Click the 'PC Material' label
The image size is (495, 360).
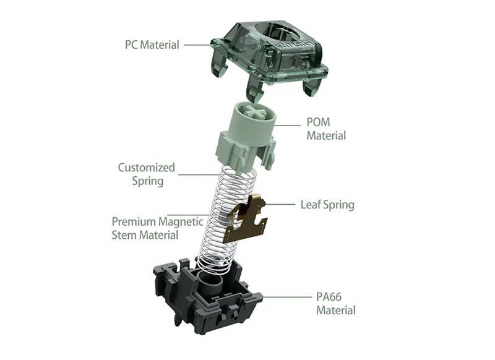152,45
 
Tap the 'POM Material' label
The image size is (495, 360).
326,129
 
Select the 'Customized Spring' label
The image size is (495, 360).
147,174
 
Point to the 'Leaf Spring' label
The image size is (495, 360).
327,205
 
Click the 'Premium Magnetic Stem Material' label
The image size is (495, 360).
158,228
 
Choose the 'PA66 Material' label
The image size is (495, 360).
336,303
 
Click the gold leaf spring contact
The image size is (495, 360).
244,218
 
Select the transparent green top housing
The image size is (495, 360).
269,60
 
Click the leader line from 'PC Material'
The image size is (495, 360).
197,45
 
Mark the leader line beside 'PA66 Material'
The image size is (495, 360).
286,297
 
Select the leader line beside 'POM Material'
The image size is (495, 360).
287,126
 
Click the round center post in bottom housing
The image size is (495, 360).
210,282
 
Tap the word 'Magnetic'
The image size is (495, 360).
181,222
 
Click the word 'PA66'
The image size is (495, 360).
329,297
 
